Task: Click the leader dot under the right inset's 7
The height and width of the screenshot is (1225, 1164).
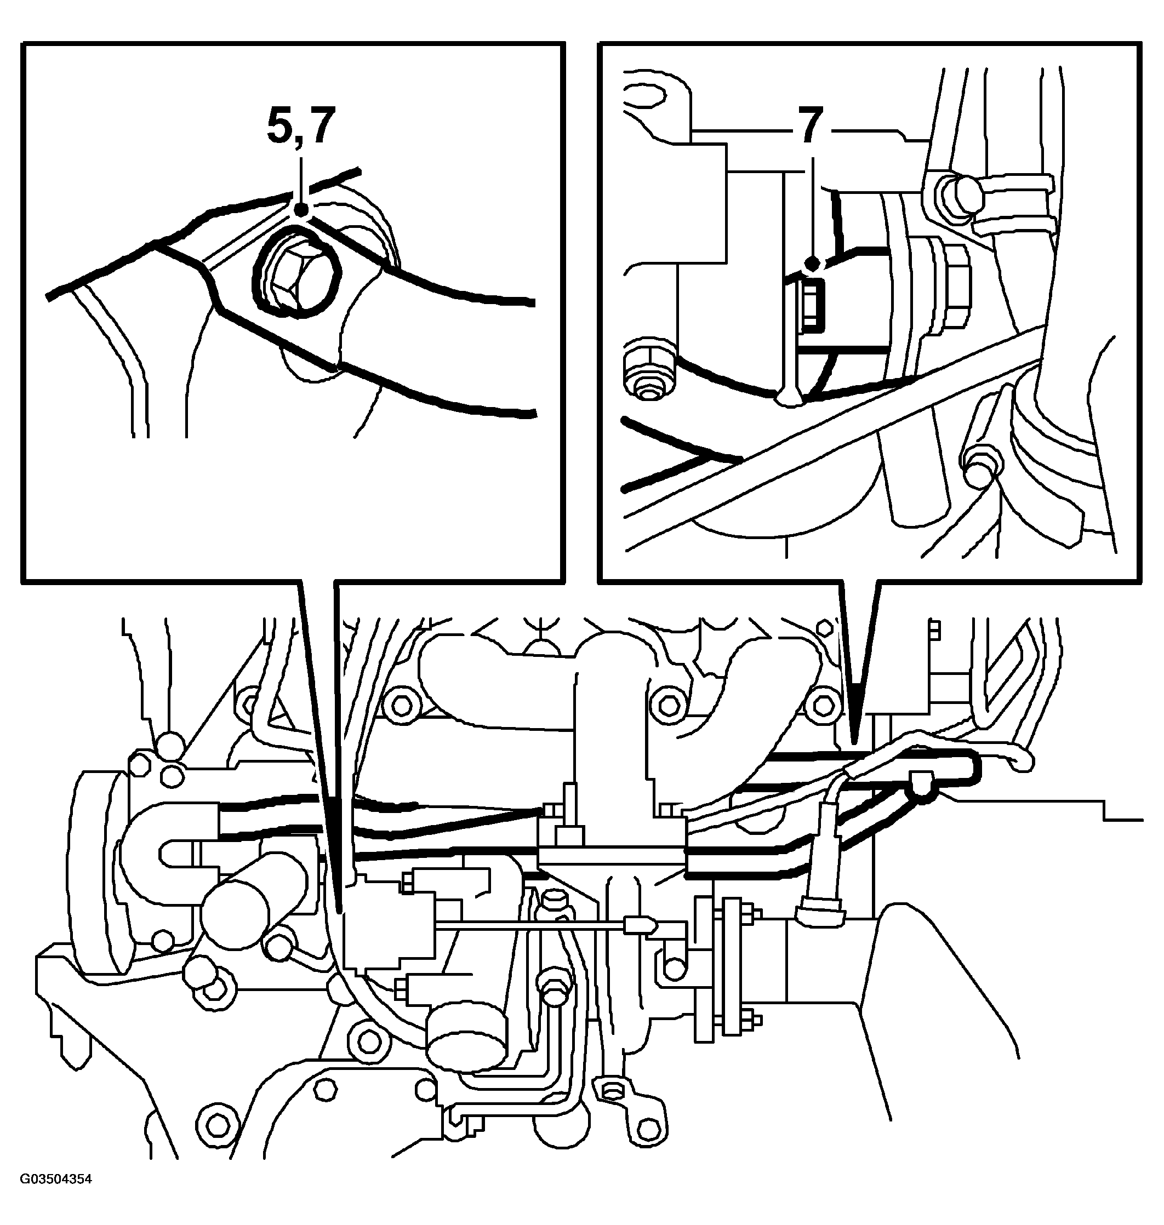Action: point(811,264)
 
